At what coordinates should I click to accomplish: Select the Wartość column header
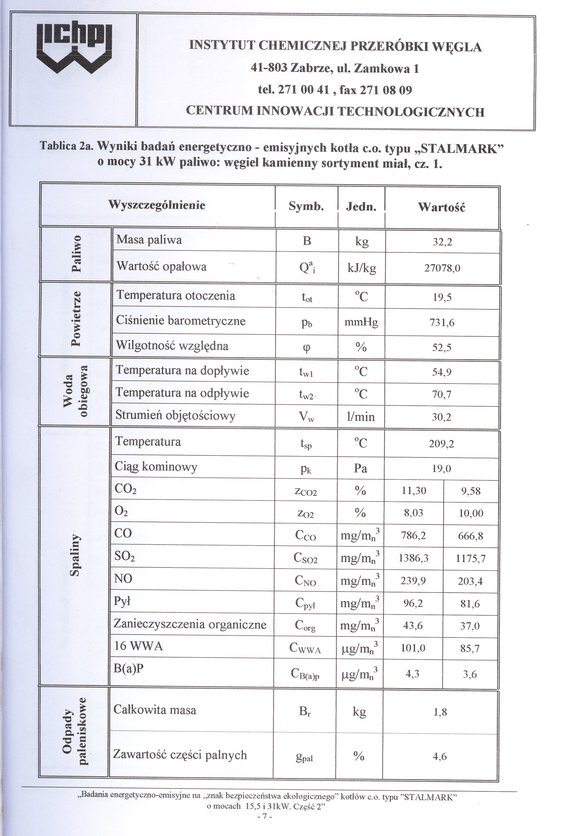coord(442,207)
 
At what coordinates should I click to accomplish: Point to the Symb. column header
coord(306,206)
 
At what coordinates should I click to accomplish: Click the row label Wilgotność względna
coord(172,346)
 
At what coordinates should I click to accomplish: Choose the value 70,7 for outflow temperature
coord(442,395)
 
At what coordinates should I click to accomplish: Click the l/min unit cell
coord(361,417)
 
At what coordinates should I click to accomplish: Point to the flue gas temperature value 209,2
coord(441,444)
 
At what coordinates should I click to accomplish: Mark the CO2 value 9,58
coord(471,491)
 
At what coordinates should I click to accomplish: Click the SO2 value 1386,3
coord(414,558)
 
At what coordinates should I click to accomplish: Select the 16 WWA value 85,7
coord(470,649)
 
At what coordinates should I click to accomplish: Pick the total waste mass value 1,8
coord(440,712)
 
